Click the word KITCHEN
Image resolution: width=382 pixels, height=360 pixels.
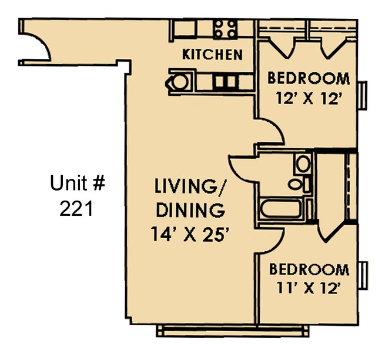click(212, 55)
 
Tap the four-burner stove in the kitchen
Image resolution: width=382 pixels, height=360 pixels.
click(226, 27)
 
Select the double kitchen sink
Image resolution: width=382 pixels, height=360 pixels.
click(223, 81)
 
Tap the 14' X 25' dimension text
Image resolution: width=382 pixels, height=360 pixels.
click(189, 234)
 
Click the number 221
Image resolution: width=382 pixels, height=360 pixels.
click(76, 208)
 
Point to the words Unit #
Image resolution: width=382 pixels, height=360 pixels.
click(77, 184)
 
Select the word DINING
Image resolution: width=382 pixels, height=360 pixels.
click(189, 210)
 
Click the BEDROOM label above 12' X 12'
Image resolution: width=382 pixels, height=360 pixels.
click(309, 78)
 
